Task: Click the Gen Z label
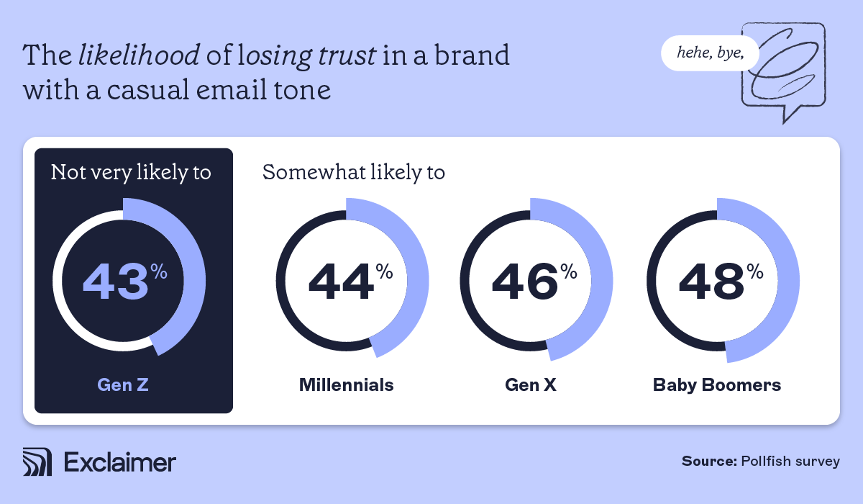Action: pos(124,384)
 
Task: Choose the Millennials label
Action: pos(347,384)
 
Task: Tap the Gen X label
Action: pos(531,384)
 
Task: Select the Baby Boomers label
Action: pos(717,384)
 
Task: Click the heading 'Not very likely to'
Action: pos(131,173)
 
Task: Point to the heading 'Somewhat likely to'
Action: pos(354,173)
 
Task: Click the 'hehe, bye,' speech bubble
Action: pos(708,54)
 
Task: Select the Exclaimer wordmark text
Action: pos(119,462)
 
